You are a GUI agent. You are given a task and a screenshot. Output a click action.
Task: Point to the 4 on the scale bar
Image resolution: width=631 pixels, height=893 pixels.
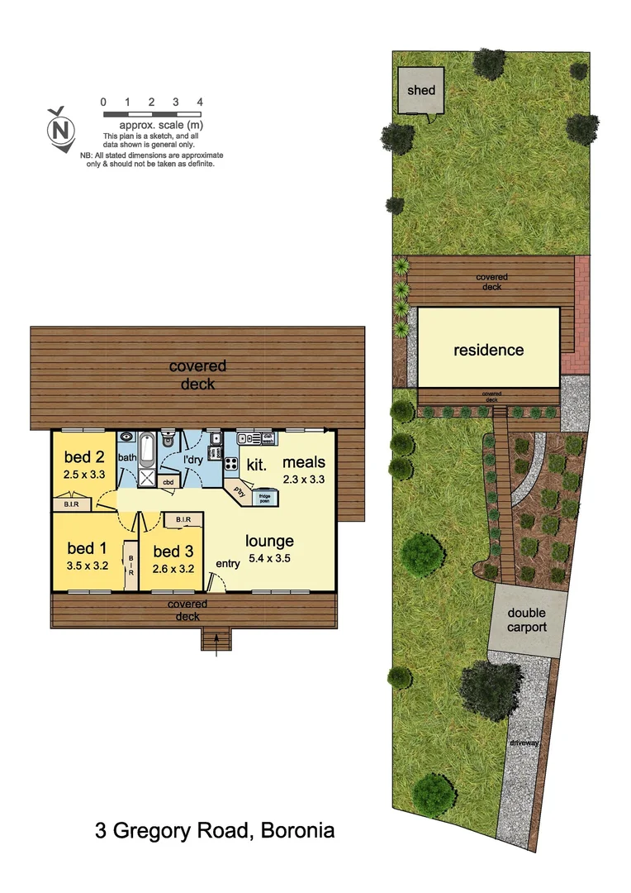[200, 102]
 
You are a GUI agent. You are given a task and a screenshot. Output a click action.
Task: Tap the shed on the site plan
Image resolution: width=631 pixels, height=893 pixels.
[420, 90]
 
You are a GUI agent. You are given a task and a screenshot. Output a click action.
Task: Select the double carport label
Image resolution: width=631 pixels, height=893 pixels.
[527, 620]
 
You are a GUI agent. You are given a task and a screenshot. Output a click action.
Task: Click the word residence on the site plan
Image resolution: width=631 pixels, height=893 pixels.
[488, 350]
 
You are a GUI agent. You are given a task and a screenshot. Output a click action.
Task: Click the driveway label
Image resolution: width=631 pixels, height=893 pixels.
[524, 743]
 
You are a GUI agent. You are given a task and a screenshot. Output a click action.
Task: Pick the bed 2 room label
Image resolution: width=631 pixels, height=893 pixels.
[85, 457]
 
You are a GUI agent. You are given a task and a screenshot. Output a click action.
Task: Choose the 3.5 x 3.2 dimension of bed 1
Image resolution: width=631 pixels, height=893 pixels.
[88, 567]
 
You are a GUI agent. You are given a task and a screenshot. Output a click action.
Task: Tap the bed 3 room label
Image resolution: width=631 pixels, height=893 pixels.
[172, 552]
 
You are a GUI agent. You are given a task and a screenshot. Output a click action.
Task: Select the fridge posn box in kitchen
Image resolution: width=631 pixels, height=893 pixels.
[266, 497]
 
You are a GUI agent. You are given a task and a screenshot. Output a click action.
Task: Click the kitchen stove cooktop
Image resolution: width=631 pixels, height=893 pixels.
[231, 465]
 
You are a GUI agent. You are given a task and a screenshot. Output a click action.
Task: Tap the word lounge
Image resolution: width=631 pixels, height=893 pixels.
[269, 542]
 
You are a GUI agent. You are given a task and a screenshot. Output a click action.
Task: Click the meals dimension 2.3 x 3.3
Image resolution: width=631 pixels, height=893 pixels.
[304, 479]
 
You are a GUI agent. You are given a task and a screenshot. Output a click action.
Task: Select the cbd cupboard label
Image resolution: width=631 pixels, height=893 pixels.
[168, 482]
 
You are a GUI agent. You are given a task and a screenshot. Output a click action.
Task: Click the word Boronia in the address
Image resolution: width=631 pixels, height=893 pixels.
[297, 830]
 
